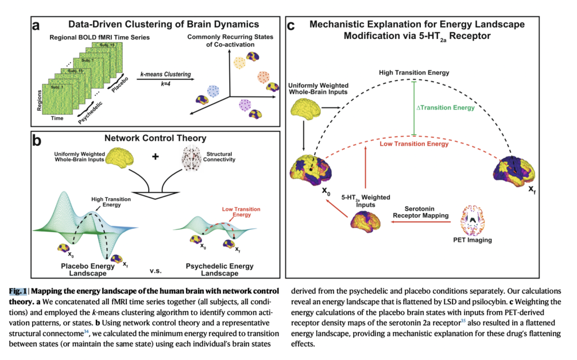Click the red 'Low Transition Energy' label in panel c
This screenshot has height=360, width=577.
tap(414, 144)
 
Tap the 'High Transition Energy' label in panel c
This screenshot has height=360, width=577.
tap(414, 73)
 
